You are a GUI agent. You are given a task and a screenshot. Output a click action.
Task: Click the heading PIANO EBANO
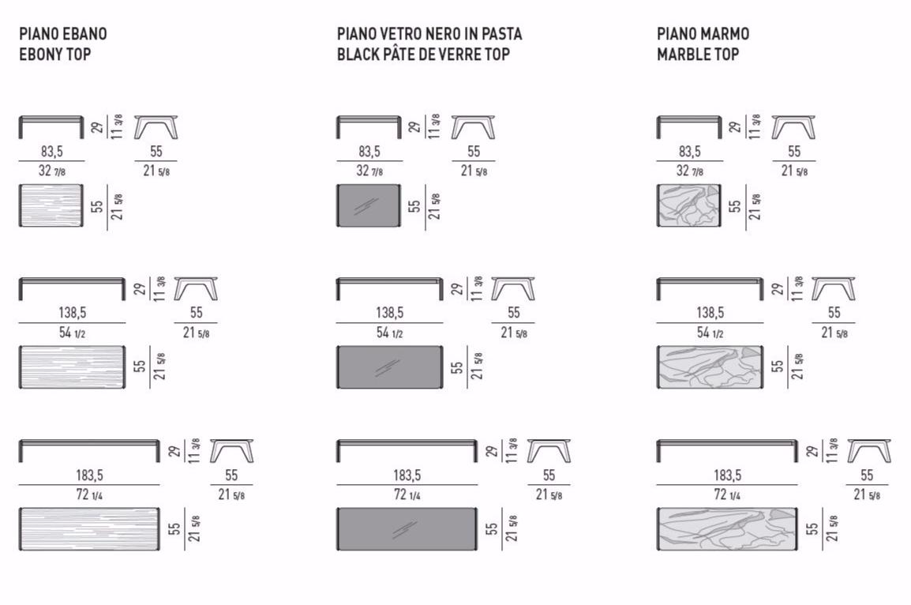coord(62,34)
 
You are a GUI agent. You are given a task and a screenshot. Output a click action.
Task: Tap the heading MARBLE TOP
coord(698,54)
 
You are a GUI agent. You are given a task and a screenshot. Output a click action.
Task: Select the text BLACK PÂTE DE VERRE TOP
coord(424,54)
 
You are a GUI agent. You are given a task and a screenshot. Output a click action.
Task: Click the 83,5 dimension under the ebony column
coord(52,152)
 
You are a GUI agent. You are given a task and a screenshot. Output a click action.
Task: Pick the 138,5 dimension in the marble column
coord(710,313)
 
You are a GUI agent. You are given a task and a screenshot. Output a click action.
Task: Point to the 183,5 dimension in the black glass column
coord(407,475)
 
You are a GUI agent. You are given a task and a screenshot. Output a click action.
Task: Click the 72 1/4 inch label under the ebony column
coord(89,494)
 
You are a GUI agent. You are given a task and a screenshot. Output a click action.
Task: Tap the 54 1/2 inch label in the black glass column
coord(389,333)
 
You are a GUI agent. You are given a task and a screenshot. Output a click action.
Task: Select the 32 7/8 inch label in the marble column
coord(690,171)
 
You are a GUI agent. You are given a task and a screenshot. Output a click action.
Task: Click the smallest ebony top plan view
coord(51,205)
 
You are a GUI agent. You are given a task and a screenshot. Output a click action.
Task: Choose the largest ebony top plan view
coord(89,529)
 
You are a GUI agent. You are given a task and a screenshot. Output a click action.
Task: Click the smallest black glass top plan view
coord(369,205)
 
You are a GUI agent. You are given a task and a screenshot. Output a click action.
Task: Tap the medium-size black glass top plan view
coord(389,366)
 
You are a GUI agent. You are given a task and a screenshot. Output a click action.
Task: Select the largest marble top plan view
coord(727,529)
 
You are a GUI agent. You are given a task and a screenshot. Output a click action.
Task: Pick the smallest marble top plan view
coord(689,205)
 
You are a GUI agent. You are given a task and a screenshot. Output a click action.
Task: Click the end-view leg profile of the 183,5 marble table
coord(868,451)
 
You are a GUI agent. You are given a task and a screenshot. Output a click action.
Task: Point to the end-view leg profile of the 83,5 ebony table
coord(156,127)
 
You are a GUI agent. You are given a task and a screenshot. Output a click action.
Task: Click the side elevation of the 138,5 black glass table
coord(389,289)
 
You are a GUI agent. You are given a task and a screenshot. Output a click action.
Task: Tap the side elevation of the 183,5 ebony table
coord(89,451)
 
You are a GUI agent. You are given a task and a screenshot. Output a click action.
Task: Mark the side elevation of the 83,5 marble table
coord(689,127)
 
